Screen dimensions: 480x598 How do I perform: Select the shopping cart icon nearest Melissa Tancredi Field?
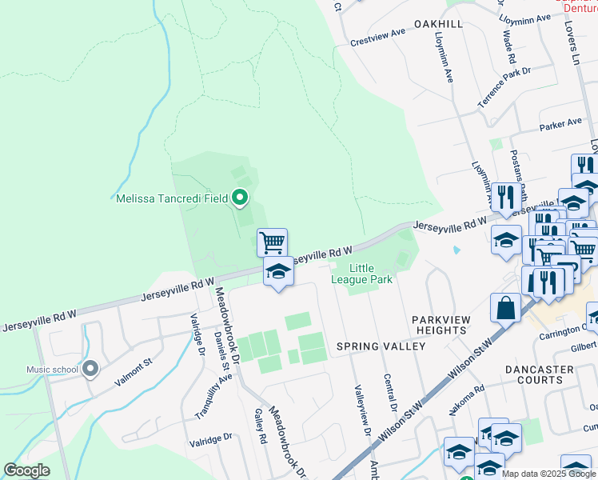click(x=272, y=241)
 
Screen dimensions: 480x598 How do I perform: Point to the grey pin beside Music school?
click(x=90, y=369)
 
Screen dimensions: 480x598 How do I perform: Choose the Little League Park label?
click(x=369, y=274)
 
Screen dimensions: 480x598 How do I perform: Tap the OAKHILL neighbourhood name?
click(x=438, y=25)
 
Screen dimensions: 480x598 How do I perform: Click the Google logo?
click(x=26, y=470)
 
